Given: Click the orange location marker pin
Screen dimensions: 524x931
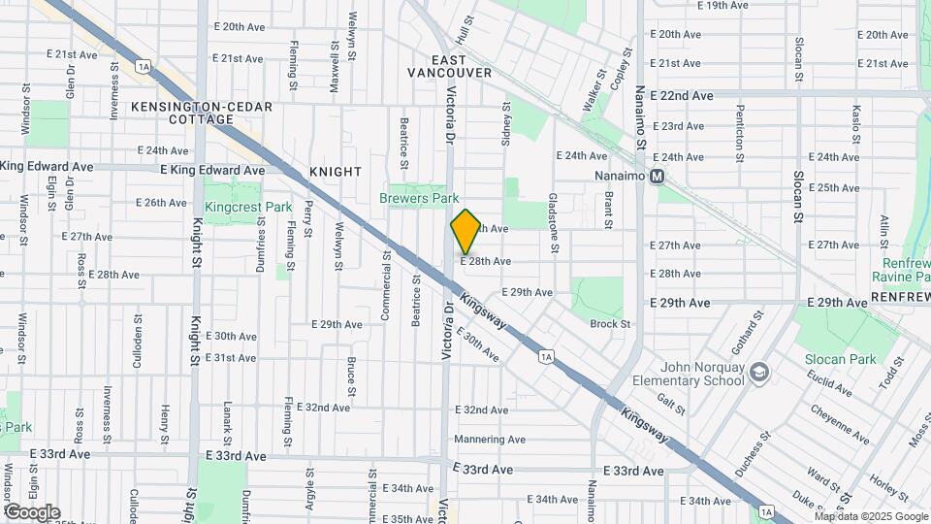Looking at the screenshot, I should (x=465, y=232).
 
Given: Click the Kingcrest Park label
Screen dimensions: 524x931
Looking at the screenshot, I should (x=248, y=208).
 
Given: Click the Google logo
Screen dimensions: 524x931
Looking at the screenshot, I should (x=32, y=511).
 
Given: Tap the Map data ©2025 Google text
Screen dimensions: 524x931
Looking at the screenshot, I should (x=870, y=516).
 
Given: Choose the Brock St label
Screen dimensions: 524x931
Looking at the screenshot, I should (x=610, y=324).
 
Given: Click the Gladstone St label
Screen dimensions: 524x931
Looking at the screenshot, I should (x=553, y=224).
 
